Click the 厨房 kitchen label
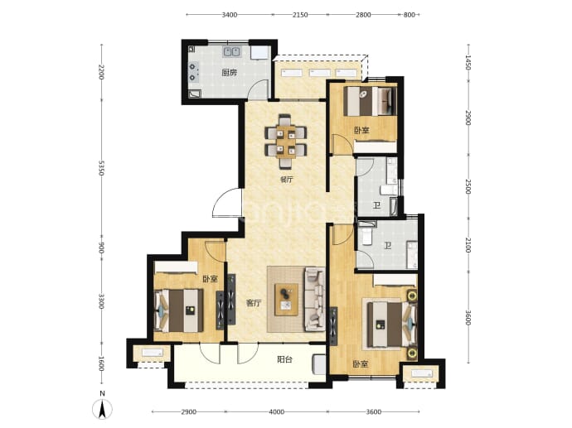(x=230, y=73)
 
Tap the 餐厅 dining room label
(x=287, y=179)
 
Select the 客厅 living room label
(x=254, y=303)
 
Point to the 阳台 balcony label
(x=284, y=359)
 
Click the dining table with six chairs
(x=286, y=142)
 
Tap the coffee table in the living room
(x=287, y=300)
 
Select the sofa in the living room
(x=315, y=299)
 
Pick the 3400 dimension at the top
(x=230, y=15)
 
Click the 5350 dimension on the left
(x=101, y=169)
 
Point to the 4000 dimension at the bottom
(x=277, y=412)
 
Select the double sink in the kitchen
(x=231, y=51)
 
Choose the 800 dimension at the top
(x=410, y=15)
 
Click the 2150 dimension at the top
(x=300, y=15)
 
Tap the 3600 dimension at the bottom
(x=374, y=412)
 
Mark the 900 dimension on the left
(x=101, y=248)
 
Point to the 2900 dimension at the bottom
(x=189, y=412)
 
